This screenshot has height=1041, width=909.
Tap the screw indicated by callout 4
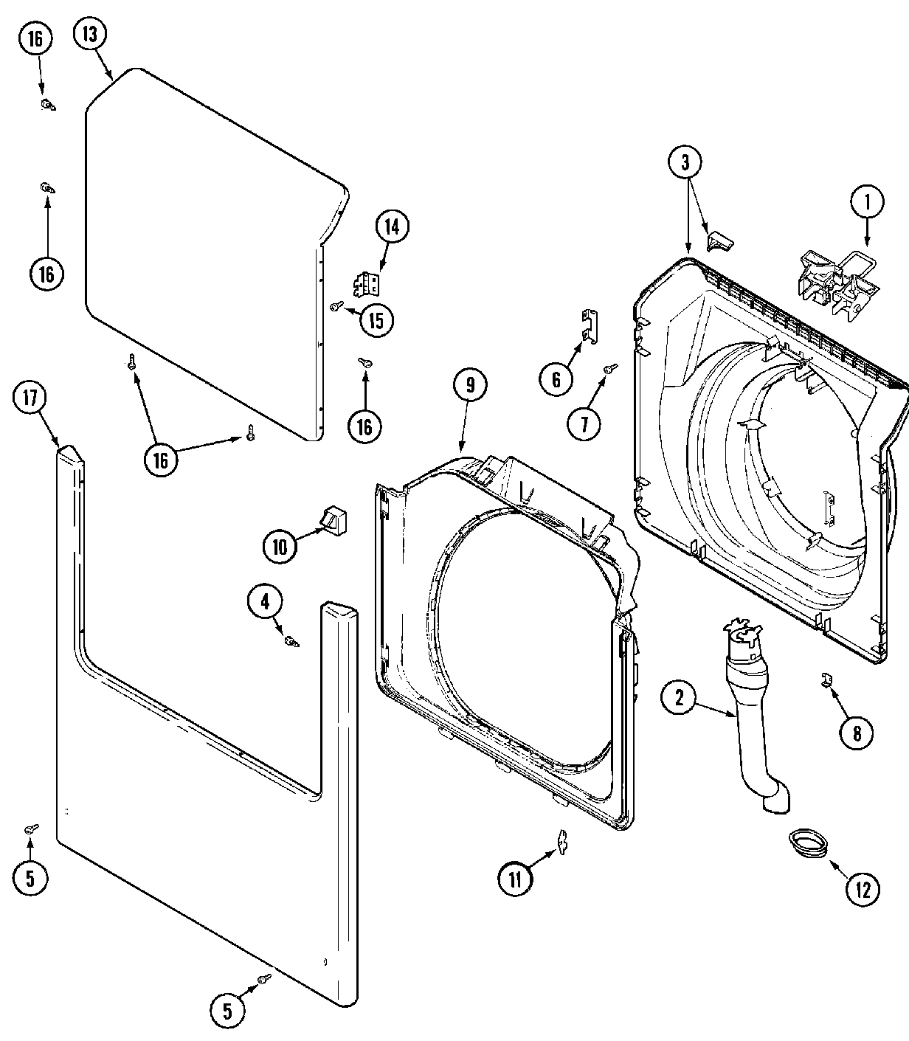[292, 641]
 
